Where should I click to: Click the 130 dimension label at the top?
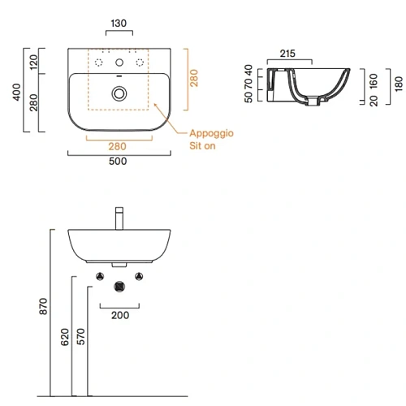pyautogui.click(x=119, y=24)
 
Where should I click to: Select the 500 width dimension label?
pyautogui.click(x=118, y=162)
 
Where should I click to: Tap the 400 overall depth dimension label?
pyautogui.click(x=17, y=92)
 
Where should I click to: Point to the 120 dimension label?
pyautogui.click(x=34, y=62)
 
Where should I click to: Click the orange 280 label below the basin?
pyautogui.click(x=117, y=146)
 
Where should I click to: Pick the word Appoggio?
pyautogui.click(x=211, y=133)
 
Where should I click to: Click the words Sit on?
pyautogui.click(x=202, y=146)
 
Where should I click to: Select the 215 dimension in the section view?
pyautogui.click(x=287, y=54)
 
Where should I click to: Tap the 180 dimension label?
pyautogui.click(x=399, y=84)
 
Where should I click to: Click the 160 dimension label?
pyautogui.click(x=374, y=81)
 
